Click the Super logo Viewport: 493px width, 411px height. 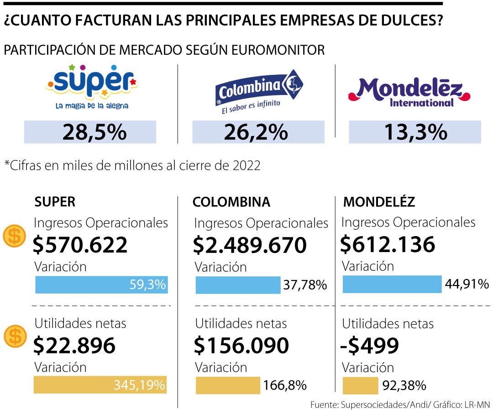[92, 87]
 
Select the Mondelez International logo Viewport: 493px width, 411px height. [409, 92]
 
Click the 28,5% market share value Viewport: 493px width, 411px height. [94, 132]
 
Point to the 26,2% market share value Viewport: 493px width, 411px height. [256, 132]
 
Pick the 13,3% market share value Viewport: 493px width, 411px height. [415, 132]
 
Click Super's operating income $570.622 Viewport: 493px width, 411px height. [80, 245]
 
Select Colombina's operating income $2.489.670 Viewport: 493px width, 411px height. [250, 245]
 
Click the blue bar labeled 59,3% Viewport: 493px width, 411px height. [101, 285]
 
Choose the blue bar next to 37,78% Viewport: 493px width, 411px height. [238, 285]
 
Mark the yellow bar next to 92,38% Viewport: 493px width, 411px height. [360, 385]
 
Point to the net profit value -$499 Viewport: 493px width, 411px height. [370, 346]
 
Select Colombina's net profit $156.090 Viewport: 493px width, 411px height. [241, 346]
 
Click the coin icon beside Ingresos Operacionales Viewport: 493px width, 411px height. [15, 236]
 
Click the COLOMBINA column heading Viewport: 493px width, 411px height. [231, 202]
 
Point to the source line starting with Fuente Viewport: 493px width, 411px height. [399, 405]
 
